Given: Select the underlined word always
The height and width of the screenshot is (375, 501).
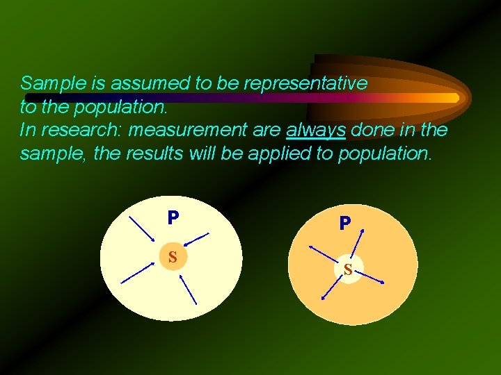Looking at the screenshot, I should (315, 130).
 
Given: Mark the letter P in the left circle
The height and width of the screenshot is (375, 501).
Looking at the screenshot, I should (173, 217).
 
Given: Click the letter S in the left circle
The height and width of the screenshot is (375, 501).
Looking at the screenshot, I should (173, 257).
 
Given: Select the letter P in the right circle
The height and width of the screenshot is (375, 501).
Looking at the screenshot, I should (345, 224).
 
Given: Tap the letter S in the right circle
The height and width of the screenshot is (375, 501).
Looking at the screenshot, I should (347, 269).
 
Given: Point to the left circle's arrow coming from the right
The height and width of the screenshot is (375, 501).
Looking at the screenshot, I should (198, 240).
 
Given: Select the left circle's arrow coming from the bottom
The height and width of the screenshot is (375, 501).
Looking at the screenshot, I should (188, 289).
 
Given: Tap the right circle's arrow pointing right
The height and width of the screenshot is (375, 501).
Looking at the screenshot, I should (369, 276).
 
